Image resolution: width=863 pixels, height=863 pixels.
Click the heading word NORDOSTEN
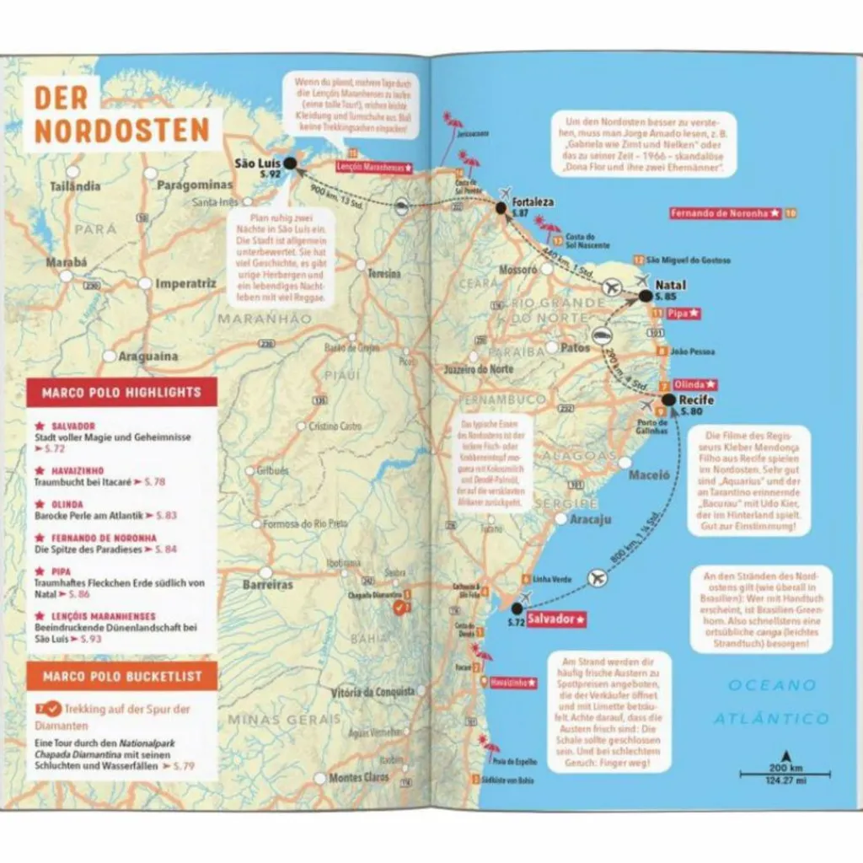click(x=121, y=130)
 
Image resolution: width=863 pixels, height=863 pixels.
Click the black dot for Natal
click(x=646, y=296)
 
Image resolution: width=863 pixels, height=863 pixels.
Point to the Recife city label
click(x=695, y=399)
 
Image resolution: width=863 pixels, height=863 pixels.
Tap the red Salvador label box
click(x=556, y=619)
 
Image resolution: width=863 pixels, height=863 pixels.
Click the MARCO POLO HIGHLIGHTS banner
click(x=121, y=392)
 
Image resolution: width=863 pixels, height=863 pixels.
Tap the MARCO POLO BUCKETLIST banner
click(x=121, y=676)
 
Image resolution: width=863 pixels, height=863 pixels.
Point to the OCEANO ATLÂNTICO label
click(x=771, y=701)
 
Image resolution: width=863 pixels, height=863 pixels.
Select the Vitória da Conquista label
click(x=373, y=692)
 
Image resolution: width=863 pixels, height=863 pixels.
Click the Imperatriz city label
click(x=186, y=284)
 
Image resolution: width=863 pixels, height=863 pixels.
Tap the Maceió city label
click(x=649, y=475)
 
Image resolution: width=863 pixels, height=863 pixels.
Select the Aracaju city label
click(x=590, y=519)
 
